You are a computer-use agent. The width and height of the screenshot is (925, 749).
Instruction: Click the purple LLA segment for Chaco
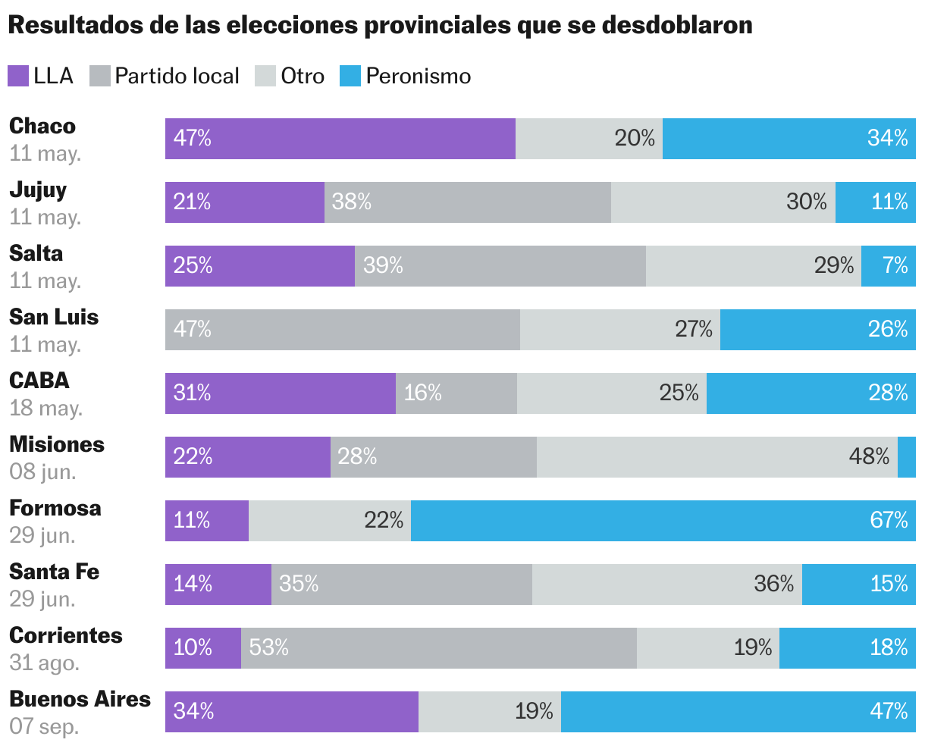tap(340, 139)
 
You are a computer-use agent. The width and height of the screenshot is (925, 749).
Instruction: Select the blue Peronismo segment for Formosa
tap(663, 521)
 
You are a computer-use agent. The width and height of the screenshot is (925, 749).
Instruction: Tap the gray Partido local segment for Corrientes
tap(438, 648)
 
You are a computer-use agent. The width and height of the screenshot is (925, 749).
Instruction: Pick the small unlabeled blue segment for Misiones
tap(907, 457)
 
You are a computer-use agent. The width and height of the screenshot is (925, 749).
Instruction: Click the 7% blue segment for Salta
tap(889, 266)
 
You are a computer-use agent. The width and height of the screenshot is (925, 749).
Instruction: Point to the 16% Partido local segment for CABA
tap(456, 393)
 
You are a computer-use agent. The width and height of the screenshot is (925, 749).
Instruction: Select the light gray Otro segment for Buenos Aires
tap(490, 712)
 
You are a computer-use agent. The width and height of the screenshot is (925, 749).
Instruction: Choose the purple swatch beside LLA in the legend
tap(18, 76)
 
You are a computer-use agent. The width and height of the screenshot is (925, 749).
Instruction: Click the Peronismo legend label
tap(419, 76)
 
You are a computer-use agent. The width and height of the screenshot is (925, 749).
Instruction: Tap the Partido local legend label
tap(177, 76)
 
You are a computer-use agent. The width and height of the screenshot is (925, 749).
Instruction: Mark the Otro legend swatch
tap(265, 76)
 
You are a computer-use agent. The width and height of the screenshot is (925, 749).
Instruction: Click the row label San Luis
tap(54, 317)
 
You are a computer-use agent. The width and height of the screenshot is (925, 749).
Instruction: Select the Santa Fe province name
tap(54, 572)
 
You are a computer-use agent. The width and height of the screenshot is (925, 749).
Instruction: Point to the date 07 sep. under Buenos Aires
tap(44, 726)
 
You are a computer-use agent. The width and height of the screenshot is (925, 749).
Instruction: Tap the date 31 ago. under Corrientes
tap(44, 663)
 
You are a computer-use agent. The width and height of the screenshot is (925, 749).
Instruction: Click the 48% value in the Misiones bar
tap(869, 456)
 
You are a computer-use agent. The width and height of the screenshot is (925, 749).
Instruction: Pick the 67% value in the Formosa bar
tap(889, 520)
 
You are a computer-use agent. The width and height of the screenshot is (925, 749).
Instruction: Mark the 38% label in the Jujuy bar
tap(352, 202)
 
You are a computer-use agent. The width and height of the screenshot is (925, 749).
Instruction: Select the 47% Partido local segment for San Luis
tap(343, 330)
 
